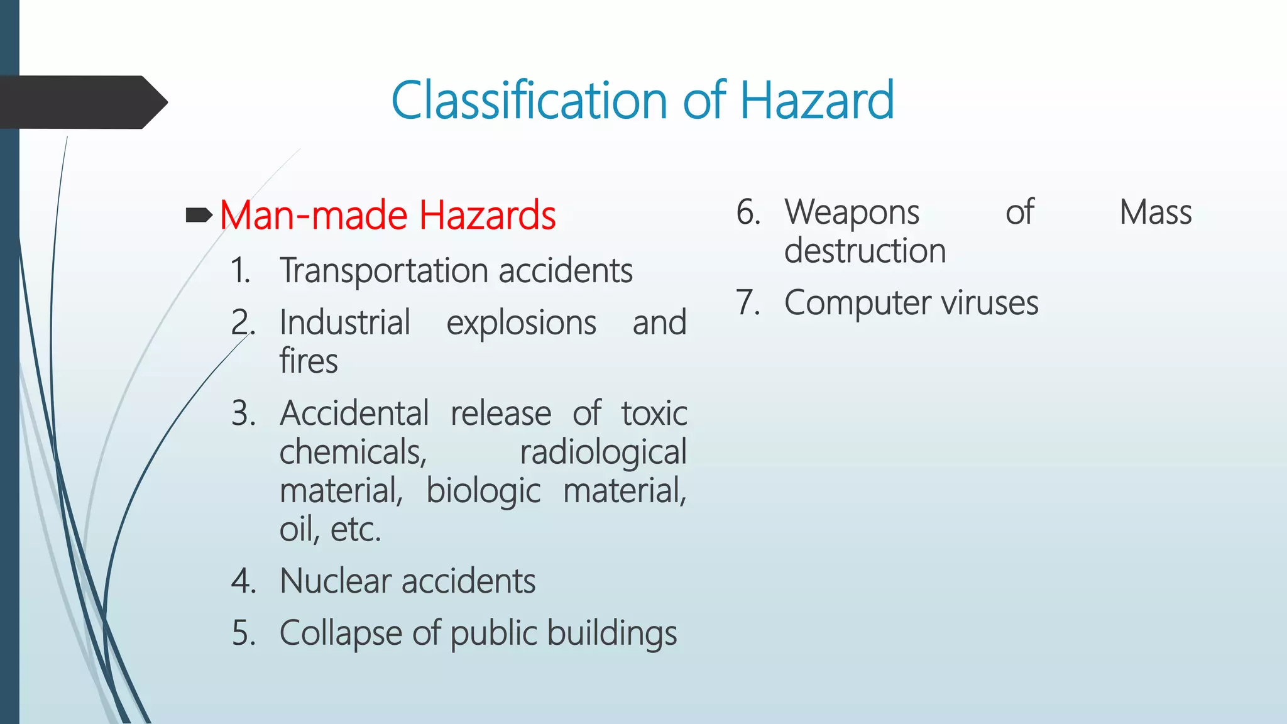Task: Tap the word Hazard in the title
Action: (816, 101)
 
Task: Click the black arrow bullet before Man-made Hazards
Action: (199, 216)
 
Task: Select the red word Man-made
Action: (314, 216)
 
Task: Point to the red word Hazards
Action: (487, 216)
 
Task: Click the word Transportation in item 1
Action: (384, 271)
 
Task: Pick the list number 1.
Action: (239, 271)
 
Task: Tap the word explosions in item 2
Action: (521, 324)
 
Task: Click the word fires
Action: (309, 361)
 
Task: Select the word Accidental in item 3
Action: (354, 414)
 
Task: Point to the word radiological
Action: (603, 453)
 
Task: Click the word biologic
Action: (483, 491)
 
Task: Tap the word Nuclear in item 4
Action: (336, 581)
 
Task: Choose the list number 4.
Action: (243, 581)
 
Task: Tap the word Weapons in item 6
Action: (852, 213)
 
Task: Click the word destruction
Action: (865, 251)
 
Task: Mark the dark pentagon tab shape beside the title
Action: (82, 102)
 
